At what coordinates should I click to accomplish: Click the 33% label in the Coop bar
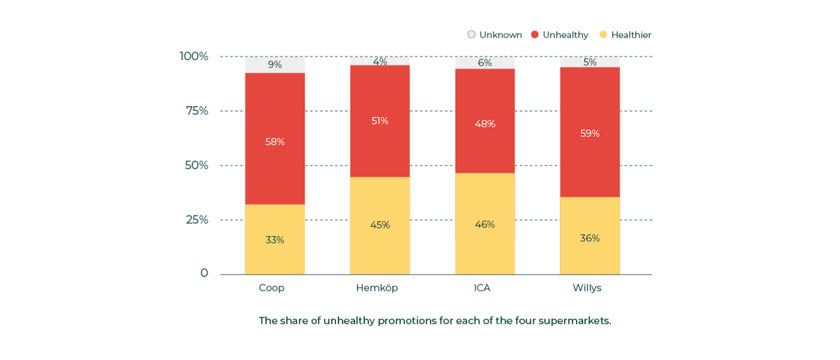[x=275, y=240]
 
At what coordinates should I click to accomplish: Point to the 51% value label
[x=380, y=121]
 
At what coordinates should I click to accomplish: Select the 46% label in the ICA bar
[x=485, y=224]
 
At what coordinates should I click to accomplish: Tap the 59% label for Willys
[x=590, y=133]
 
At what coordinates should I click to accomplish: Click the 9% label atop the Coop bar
[x=275, y=64]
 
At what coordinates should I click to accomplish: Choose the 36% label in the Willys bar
[x=590, y=238]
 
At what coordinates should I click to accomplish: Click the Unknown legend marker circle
[x=472, y=35]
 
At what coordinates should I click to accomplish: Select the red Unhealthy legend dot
[x=535, y=35]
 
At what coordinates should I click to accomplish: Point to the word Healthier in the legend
[x=631, y=35]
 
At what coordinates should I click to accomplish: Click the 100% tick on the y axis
[x=194, y=56]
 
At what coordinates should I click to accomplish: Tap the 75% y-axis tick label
[x=197, y=111]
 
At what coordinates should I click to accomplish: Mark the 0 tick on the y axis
[x=204, y=273]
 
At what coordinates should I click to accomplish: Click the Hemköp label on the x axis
[x=377, y=288]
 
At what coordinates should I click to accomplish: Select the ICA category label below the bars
[x=482, y=288]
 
